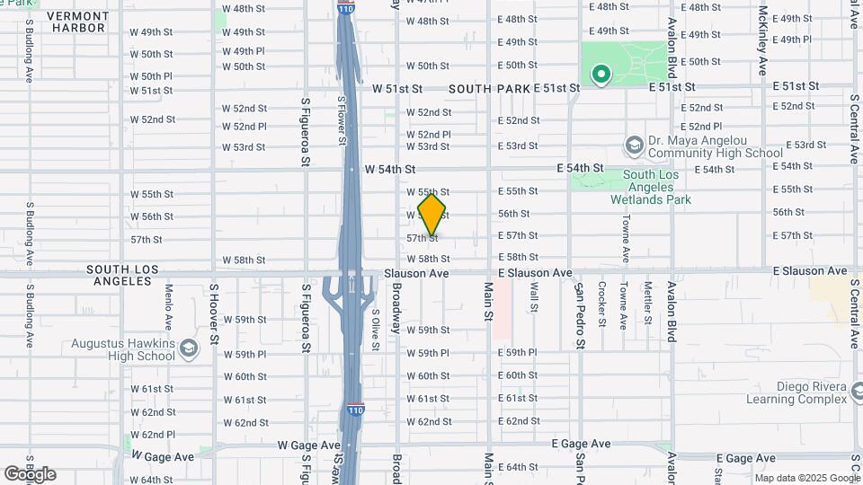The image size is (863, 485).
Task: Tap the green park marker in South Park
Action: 600,75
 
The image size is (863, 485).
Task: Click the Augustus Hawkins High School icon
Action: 188,348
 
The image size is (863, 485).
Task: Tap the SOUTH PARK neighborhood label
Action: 489,89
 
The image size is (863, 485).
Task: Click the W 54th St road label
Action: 390,169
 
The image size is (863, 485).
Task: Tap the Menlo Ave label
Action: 168,308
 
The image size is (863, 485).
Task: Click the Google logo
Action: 30,474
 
